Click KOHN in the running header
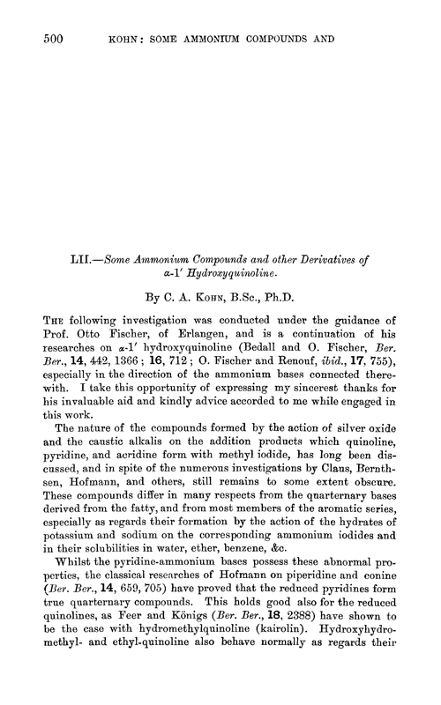[127, 38]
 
